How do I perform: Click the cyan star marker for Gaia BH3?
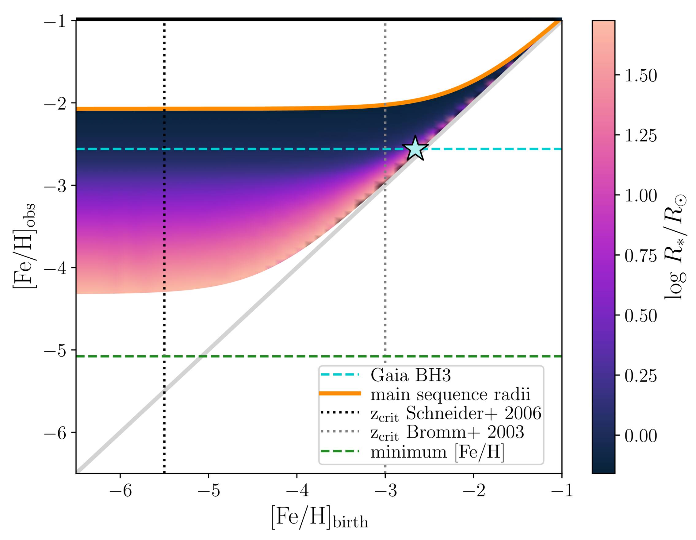pos(415,148)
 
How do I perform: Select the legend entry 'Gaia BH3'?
pos(411,376)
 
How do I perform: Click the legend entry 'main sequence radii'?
pos(450,395)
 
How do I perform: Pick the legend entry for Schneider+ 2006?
pos(456,414)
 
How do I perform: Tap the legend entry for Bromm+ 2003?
pos(447,433)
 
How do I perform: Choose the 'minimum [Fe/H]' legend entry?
pos(438,452)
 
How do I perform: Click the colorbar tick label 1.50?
pos(641,75)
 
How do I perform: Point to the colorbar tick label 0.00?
pos(641,436)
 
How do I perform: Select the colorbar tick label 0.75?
pos(641,256)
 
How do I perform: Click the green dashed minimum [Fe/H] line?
pos(255,356)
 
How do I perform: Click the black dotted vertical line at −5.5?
pos(164,319)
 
